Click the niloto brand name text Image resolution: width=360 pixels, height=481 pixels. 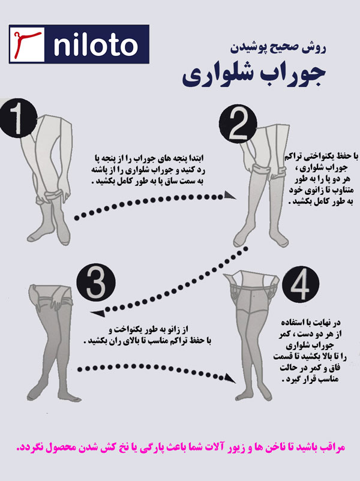pos(95,46)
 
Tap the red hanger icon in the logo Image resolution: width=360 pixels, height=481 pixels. pos(27,44)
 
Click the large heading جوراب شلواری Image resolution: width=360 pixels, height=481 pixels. pos(254,76)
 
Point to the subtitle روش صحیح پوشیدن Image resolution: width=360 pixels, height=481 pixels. pos(278,49)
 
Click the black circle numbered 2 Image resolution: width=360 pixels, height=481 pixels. pos(238,124)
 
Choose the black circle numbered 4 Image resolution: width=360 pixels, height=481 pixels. pos(301,285)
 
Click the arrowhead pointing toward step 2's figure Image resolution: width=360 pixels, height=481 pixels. pos(230,195)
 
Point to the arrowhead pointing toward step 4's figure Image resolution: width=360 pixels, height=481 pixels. pos(230,378)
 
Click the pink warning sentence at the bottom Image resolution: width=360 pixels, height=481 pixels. pos(181,447)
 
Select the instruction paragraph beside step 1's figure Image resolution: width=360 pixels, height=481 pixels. pos(148,169)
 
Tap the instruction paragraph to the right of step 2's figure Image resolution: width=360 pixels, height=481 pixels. pos(321,179)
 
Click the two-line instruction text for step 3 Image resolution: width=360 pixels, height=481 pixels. pos(148,335)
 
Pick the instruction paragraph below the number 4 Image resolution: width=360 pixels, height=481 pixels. pos(310,351)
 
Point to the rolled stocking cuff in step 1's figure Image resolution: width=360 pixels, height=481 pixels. pos(52,196)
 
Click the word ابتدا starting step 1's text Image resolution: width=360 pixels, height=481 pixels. pos(195,158)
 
